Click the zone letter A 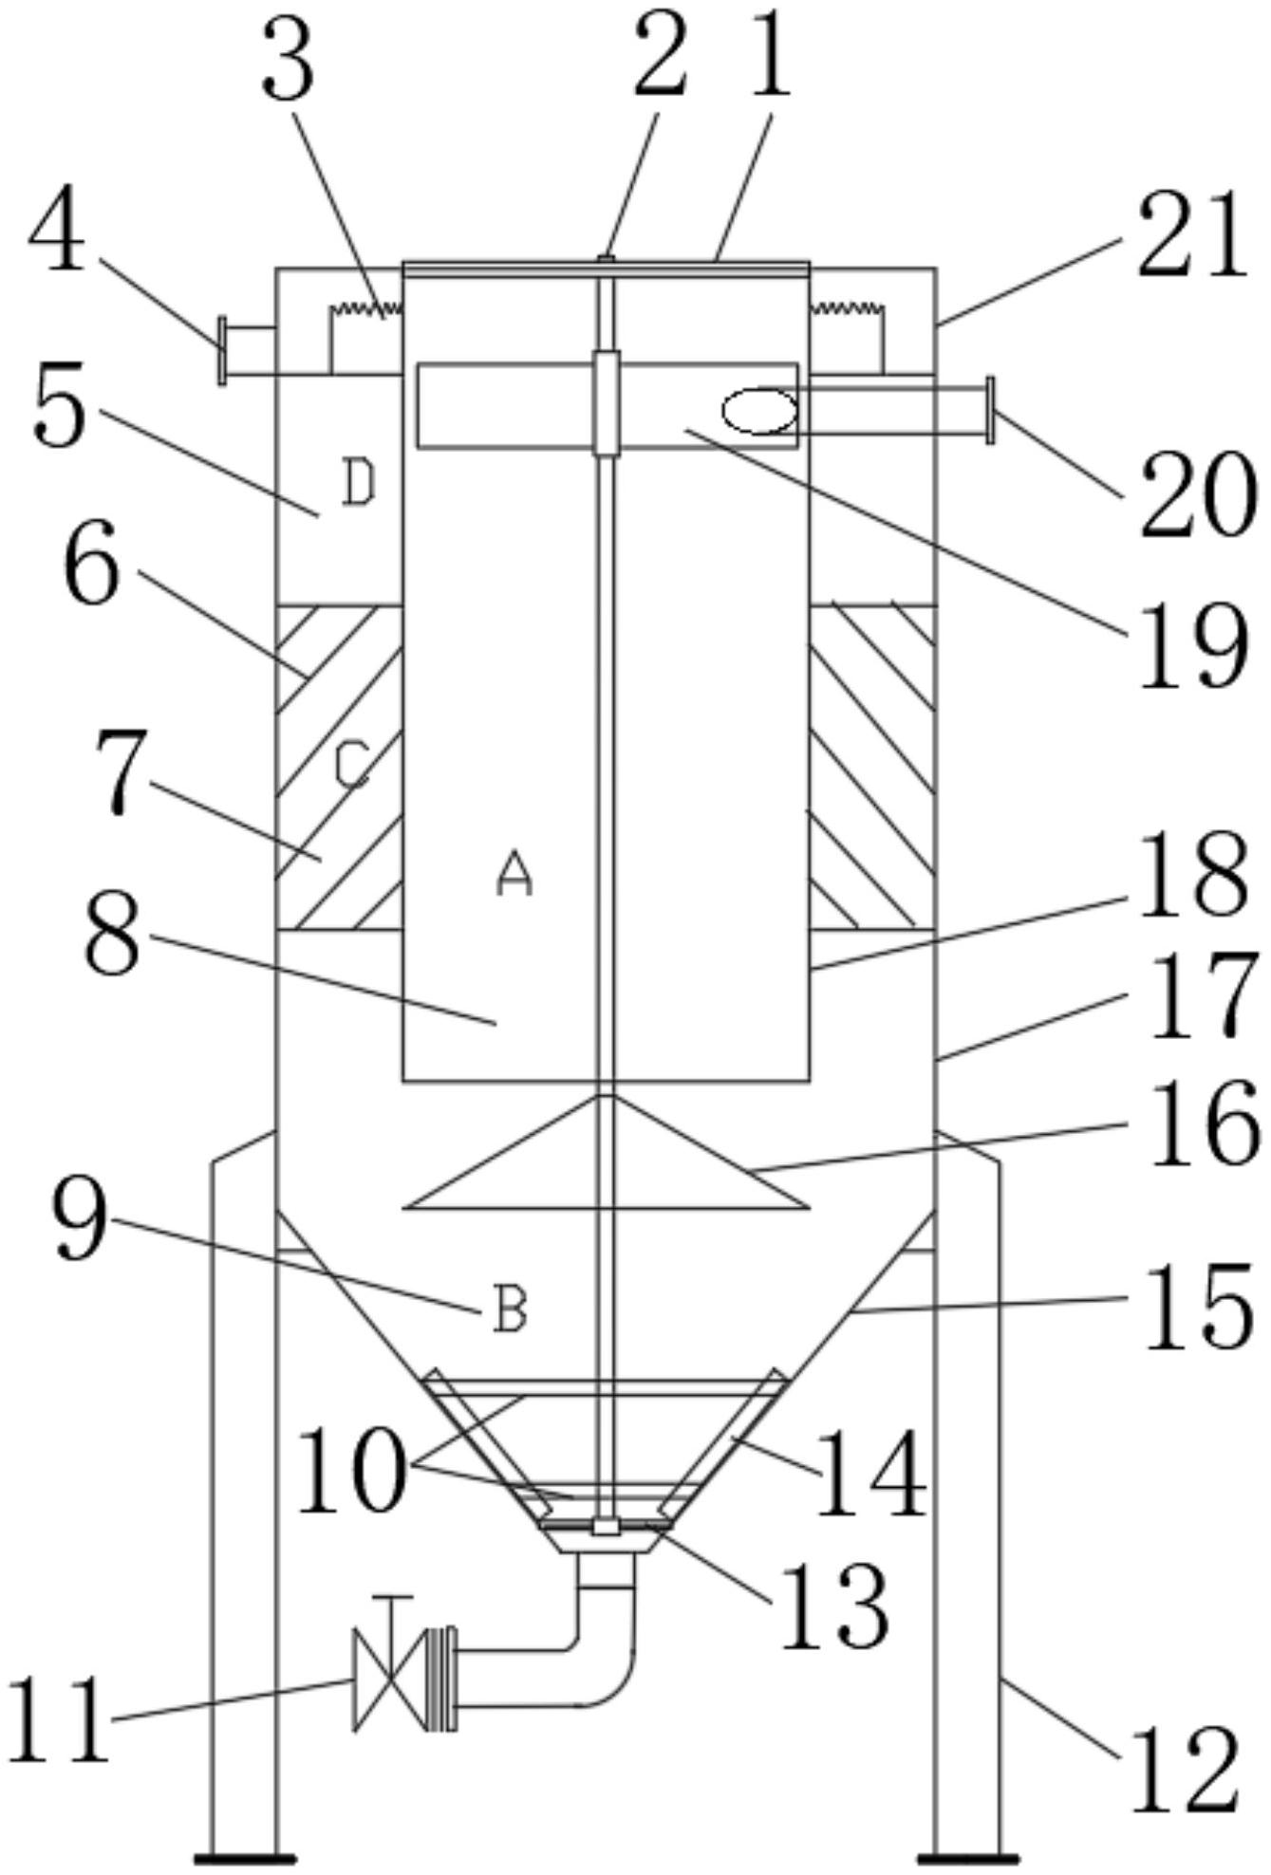click(514, 874)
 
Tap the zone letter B click(510, 1309)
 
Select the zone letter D click(359, 483)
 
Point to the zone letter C click(352, 766)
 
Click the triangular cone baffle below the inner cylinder click(607, 1152)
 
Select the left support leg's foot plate click(244, 1857)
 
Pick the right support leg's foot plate click(966, 1857)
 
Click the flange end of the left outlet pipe click(222, 351)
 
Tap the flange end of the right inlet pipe click(991, 409)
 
